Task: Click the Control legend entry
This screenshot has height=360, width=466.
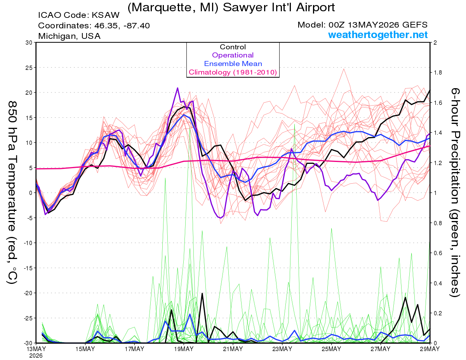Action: [233, 47]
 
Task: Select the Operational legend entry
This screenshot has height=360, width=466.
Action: [233, 55]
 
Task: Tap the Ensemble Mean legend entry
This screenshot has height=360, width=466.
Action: [233, 64]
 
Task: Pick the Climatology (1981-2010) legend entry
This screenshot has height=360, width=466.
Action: [233, 72]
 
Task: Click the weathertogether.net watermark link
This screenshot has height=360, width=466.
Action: [377, 35]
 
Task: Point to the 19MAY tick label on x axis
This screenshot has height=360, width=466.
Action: [184, 349]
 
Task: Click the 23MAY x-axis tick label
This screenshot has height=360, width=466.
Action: [282, 349]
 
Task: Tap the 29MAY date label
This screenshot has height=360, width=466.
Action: [429, 349]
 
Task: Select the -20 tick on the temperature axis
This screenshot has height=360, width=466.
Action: [28, 293]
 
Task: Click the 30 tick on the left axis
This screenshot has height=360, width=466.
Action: [29, 43]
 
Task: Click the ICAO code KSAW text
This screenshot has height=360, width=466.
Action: [79, 15]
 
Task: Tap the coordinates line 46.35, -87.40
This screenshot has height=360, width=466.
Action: [94, 26]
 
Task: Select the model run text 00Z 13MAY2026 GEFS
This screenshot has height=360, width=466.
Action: [362, 25]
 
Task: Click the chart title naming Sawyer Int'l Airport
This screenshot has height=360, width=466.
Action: [231, 7]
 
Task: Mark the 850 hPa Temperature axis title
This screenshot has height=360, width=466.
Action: [12, 193]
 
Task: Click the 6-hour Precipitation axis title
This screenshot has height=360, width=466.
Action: [455, 192]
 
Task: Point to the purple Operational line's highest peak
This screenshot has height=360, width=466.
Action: [177, 88]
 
